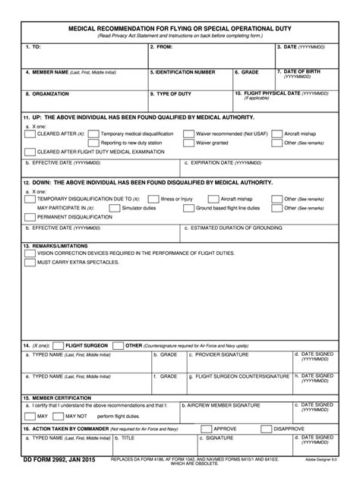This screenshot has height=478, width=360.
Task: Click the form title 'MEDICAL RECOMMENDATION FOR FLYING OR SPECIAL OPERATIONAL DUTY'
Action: (180, 27)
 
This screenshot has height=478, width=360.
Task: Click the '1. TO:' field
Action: (84, 56)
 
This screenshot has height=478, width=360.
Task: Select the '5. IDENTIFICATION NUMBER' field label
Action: (182, 73)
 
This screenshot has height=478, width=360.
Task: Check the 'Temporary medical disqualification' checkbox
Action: (95, 133)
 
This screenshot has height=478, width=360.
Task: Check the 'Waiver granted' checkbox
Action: (189, 142)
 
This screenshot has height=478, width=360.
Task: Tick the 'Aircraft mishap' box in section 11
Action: (278, 133)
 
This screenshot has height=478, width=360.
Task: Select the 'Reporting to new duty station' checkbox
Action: (95, 142)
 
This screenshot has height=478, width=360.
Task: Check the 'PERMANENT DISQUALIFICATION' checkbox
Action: (31, 216)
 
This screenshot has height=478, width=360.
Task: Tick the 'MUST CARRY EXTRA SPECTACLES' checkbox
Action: (31, 262)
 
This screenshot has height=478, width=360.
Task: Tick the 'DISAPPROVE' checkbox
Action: (267, 429)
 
